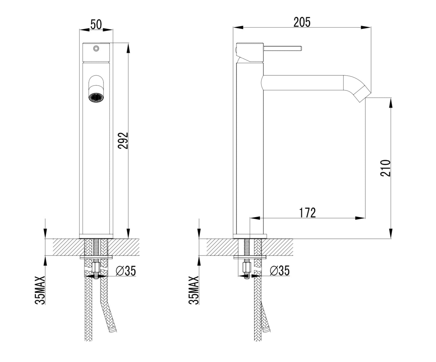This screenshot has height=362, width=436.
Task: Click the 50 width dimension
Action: point(96,24)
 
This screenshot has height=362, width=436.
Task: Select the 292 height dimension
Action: point(123,141)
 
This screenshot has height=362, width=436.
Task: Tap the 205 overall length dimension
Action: point(302,22)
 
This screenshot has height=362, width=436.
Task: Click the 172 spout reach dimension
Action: point(307,213)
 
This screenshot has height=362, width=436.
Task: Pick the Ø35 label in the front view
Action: point(126,271)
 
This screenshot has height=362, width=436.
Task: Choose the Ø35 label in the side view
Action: point(280,271)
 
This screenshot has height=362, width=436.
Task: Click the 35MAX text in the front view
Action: point(40,291)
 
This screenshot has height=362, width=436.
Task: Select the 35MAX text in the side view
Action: point(194,291)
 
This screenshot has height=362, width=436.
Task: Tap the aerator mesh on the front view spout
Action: point(96,97)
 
